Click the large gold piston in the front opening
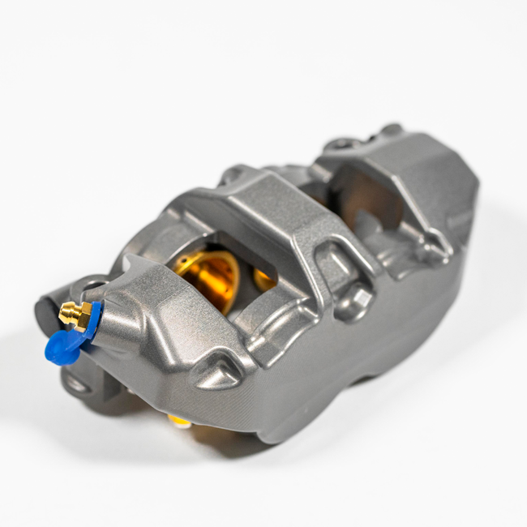tap(207, 276)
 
